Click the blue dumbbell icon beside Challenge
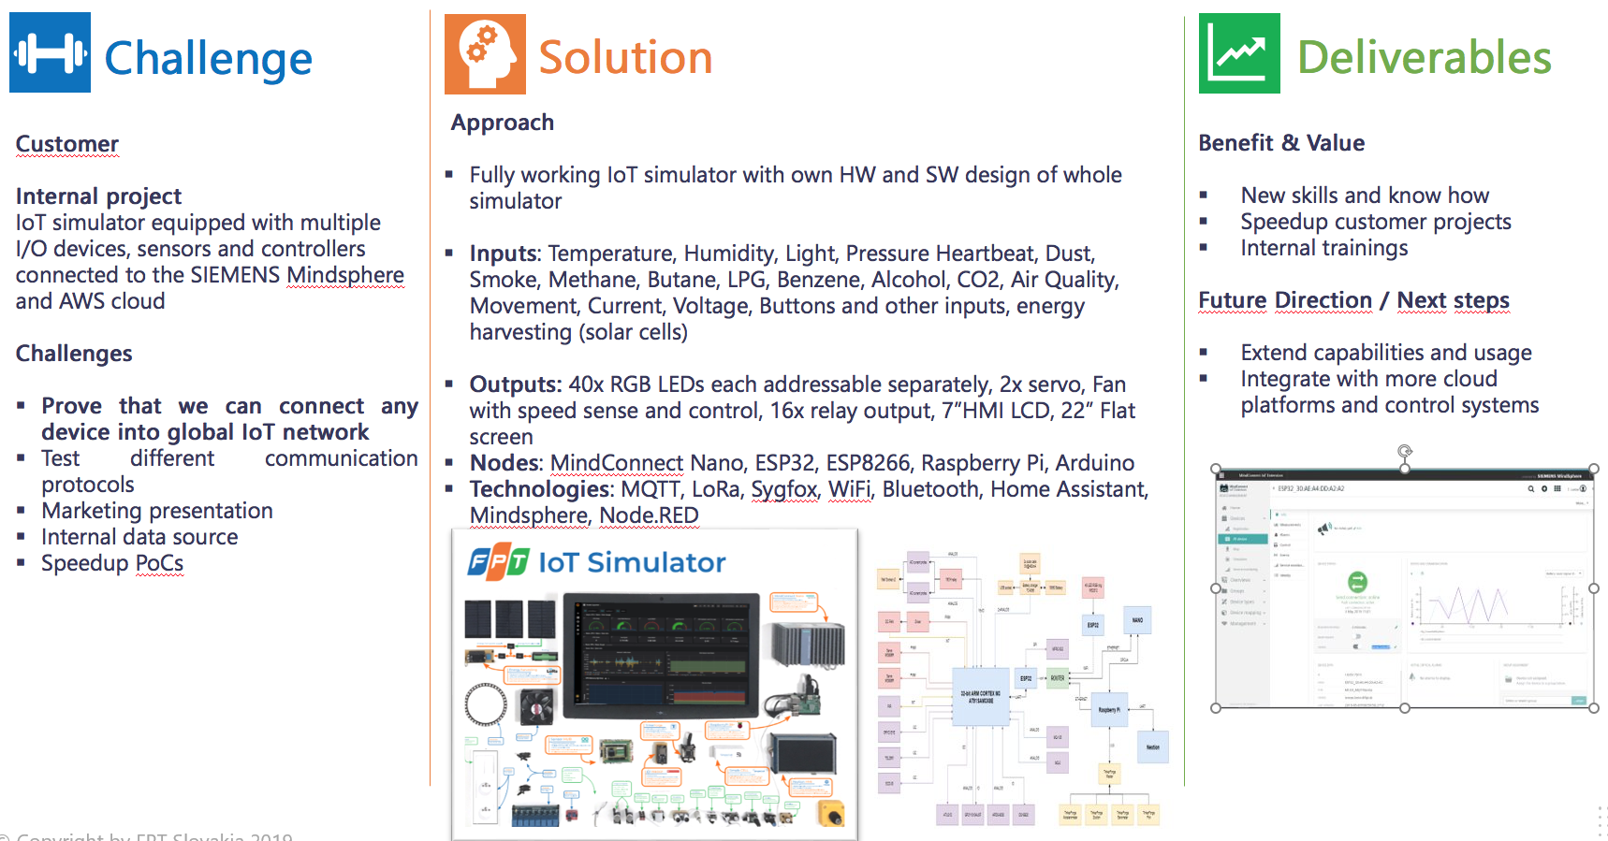pyautogui.click(x=50, y=52)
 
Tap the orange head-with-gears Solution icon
pyautogui.click(x=485, y=54)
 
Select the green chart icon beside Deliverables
pyautogui.click(x=1239, y=53)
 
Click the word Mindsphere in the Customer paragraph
pyautogui.click(x=344, y=275)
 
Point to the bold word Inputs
pyautogui.click(x=504, y=254)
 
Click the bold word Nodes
pyautogui.click(x=504, y=463)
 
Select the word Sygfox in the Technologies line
pyautogui.click(x=783, y=489)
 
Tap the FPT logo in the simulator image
pyautogui.click(x=498, y=562)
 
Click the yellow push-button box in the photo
pyautogui.click(x=830, y=812)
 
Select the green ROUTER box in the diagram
pyautogui.click(x=1057, y=678)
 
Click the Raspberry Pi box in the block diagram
pyautogui.click(x=1108, y=710)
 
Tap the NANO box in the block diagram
pyautogui.click(x=1137, y=620)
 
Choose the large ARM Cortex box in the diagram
pyautogui.click(x=980, y=697)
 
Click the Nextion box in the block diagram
pyautogui.click(x=1153, y=747)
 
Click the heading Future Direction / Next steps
pyautogui.click(x=1353, y=300)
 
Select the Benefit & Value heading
pyautogui.click(x=1281, y=143)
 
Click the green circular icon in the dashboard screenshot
pyautogui.click(x=1357, y=582)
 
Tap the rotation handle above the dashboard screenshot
pyautogui.click(x=1404, y=451)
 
